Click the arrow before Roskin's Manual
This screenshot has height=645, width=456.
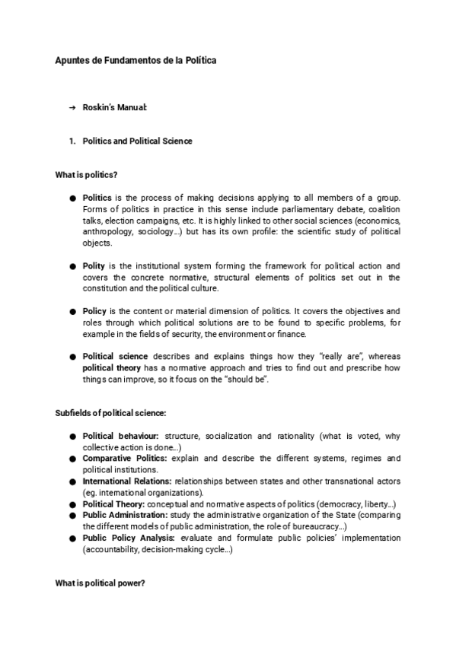click(72, 109)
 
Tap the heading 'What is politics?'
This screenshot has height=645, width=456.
click(86, 175)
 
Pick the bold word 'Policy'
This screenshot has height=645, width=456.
click(96, 311)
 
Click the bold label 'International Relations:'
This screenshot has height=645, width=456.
click(128, 481)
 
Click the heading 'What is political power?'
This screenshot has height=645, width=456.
click(100, 583)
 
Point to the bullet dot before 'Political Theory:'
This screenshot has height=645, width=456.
click(74, 504)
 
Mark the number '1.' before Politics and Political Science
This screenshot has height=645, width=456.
click(72, 141)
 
